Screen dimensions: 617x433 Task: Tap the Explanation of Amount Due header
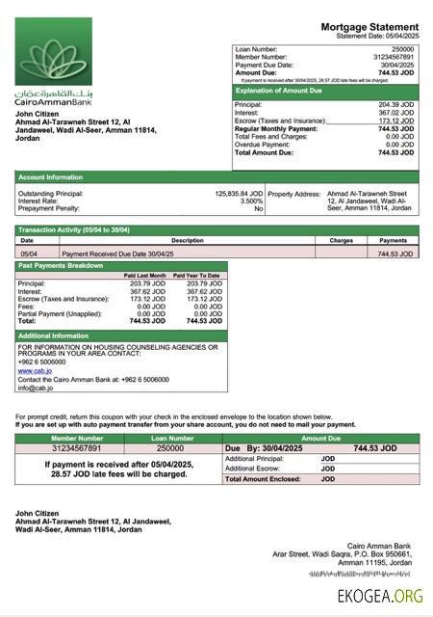pos(288,91)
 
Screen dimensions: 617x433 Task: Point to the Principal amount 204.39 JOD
pos(396,104)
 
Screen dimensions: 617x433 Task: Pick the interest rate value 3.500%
pos(250,201)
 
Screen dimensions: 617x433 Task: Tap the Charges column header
pos(341,240)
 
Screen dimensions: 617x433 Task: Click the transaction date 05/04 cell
pos(29,253)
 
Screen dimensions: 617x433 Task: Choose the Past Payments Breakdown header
pos(61,265)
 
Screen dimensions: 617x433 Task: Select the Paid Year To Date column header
pos(197,276)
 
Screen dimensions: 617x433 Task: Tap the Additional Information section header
pos(54,335)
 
